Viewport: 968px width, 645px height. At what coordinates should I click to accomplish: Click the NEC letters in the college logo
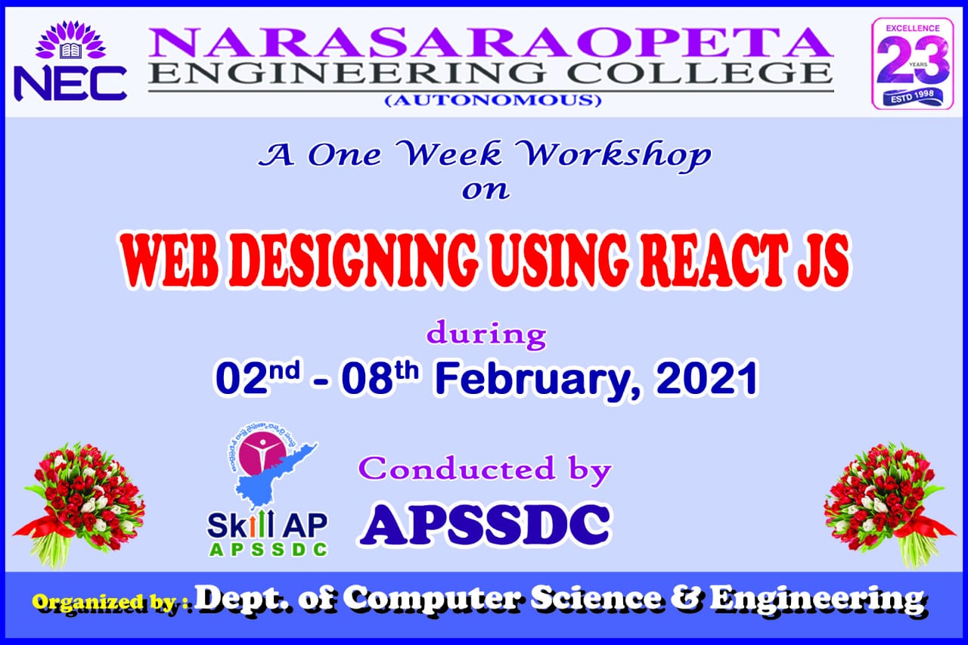pos(70,84)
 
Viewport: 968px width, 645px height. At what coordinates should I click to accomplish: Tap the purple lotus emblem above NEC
pos(70,40)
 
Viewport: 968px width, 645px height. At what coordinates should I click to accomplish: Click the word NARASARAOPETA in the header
pos(491,42)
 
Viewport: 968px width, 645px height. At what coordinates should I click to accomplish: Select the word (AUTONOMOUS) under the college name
pos(492,101)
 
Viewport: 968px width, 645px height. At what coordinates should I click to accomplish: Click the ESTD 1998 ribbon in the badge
pos(913,97)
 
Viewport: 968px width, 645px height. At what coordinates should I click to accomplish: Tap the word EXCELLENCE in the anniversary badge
pos(913,29)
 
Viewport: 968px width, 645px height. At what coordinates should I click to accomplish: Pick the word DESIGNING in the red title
pos(353,261)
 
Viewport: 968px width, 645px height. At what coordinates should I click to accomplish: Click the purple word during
pos(486,335)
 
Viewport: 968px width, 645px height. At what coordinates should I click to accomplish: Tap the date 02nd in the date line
pos(258,377)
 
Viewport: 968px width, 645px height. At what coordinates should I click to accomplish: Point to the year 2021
pos(706,377)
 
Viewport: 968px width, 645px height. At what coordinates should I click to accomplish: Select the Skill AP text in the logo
pos(267,525)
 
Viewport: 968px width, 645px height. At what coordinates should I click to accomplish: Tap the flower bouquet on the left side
pos(80,504)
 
